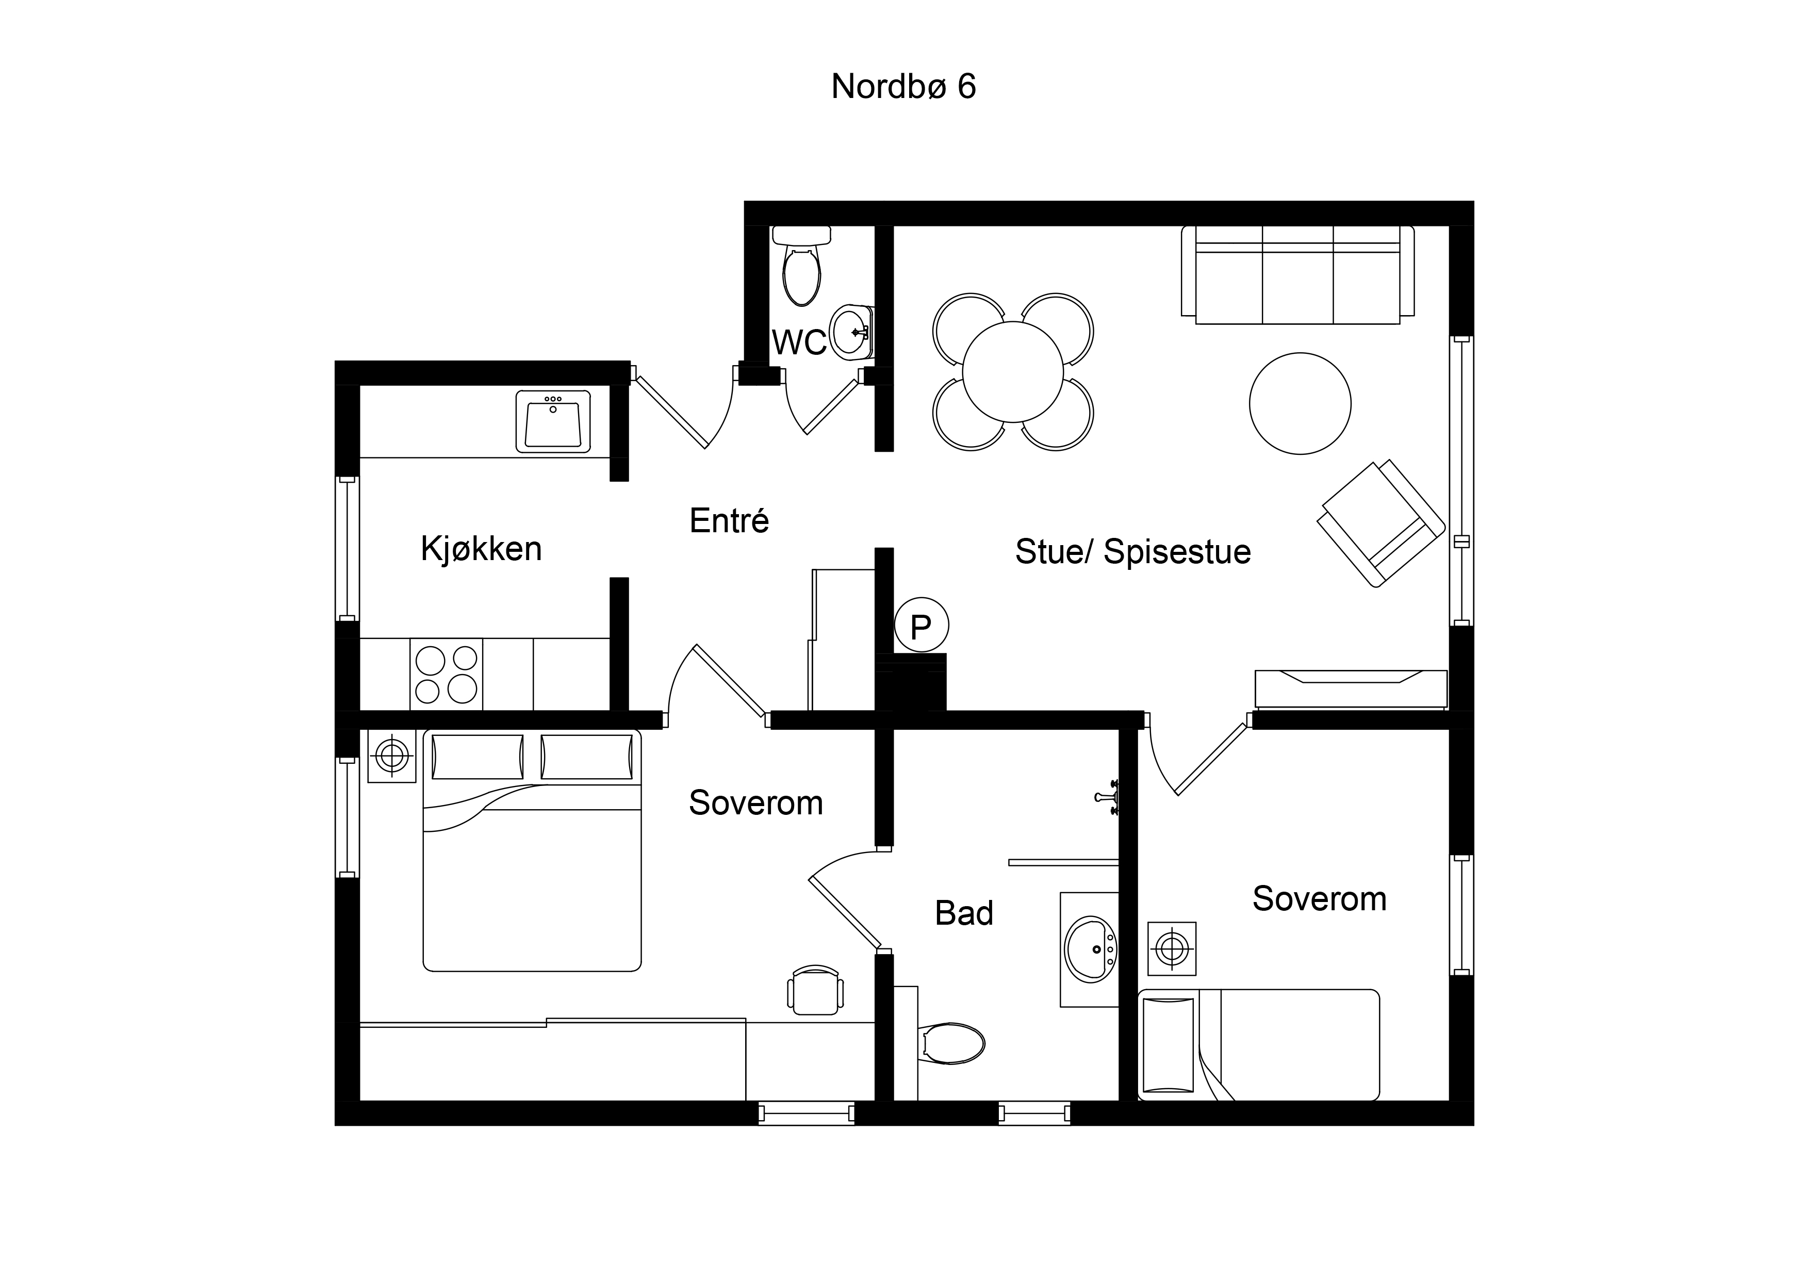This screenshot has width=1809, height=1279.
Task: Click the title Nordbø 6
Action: [903, 86]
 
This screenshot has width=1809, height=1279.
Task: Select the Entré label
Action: [729, 520]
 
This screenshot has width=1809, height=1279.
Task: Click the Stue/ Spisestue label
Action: [1132, 552]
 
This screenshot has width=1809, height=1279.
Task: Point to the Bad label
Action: [964, 913]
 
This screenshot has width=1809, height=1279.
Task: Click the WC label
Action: [799, 343]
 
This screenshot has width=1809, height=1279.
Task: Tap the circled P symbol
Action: [921, 625]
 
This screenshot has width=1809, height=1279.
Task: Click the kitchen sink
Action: [553, 421]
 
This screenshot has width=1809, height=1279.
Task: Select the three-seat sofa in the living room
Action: [1297, 274]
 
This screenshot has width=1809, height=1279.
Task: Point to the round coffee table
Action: [1300, 403]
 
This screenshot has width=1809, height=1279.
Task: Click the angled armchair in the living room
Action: [1381, 523]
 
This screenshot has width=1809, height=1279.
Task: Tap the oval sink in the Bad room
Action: [1091, 949]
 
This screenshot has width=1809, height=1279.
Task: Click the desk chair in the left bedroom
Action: [815, 990]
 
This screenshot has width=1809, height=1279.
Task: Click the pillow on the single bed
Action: [1169, 1045]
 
